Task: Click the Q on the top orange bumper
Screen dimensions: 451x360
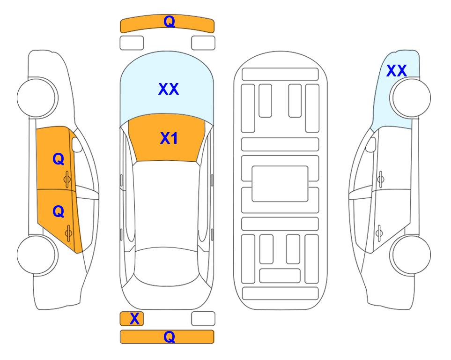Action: coord(169,22)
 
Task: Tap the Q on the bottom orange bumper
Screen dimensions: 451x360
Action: coord(169,337)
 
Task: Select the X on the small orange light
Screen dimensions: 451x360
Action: coord(134,319)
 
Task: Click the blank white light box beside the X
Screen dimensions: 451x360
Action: coord(203,319)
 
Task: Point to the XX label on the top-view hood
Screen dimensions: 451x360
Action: coord(169,89)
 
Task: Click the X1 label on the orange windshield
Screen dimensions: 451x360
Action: coord(169,138)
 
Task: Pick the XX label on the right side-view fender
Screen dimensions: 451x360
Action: coord(396,71)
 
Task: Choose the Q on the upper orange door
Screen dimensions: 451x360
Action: coord(59,159)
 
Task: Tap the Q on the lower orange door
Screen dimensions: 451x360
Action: coord(59,212)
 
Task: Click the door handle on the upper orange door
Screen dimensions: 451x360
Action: coord(67,180)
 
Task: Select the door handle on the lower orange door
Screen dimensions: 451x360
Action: coord(68,233)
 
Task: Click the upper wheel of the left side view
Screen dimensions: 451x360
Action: coord(37,97)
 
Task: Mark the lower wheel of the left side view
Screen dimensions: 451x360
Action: coord(37,255)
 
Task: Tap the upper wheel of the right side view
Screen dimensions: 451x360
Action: coord(410,97)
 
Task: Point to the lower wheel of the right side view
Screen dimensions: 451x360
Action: coord(410,255)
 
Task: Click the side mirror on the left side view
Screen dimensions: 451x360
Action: coord(77,144)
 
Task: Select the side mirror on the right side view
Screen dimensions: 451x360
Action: coord(370,144)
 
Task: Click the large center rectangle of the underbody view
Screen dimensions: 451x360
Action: coord(280,184)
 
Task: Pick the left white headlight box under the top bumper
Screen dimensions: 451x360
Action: coord(132,43)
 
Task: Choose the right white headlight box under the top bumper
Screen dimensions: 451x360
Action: coord(203,43)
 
